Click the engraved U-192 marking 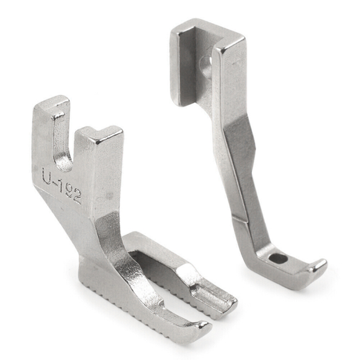pos(61,186)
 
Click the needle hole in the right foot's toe pos(278,258)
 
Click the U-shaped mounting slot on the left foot pos(63,147)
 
